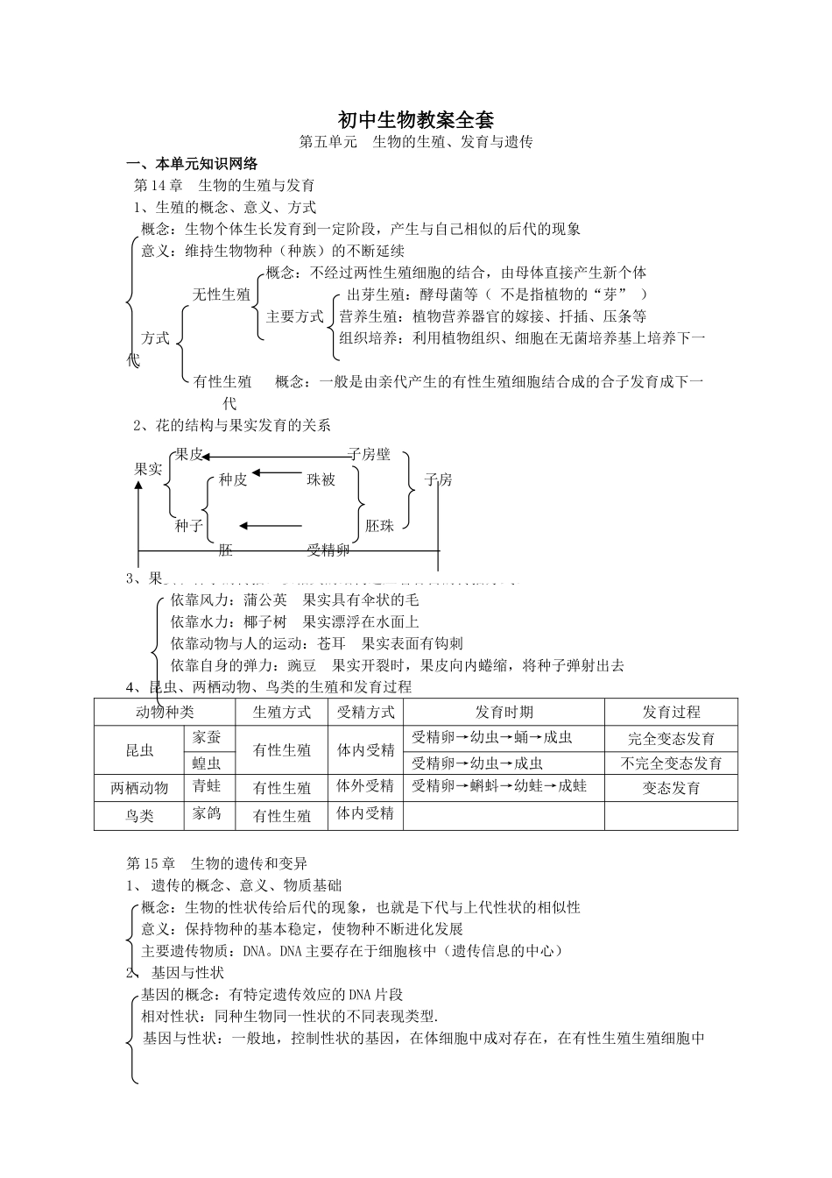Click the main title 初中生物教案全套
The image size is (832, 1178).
click(416, 119)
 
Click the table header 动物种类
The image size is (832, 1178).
click(165, 712)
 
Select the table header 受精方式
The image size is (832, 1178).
click(366, 712)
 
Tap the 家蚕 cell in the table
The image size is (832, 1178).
click(208, 738)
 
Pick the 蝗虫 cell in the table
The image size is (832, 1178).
click(208, 763)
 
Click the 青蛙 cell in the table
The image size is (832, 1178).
click(208, 787)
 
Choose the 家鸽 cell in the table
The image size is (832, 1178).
click(208, 814)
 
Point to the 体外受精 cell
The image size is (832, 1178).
click(366, 787)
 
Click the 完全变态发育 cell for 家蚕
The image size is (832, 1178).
click(671, 739)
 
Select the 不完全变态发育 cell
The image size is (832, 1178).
click(671, 763)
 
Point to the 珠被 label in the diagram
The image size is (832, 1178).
click(321, 479)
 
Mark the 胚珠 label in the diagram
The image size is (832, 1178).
click(380, 525)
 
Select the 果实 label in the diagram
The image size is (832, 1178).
click(148, 469)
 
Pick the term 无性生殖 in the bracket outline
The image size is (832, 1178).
click(222, 294)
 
